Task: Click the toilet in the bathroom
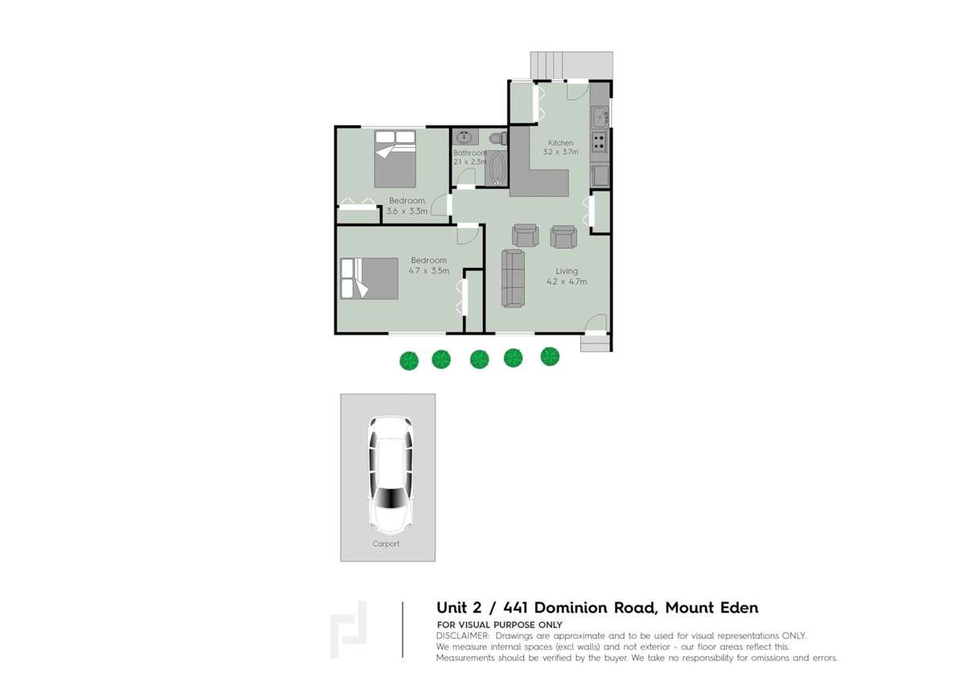tap(496, 138)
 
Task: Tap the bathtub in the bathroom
tap(497, 169)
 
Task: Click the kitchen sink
tap(599, 117)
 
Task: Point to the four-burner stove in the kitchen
tap(599, 142)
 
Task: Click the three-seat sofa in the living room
tap(513, 277)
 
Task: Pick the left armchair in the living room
tap(526, 235)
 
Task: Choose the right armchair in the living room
tap(563, 235)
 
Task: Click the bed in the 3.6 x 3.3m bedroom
tap(394, 158)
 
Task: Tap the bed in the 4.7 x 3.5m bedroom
tap(369, 278)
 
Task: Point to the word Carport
tap(386, 544)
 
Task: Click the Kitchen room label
tap(560, 143)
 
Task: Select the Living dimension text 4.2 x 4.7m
tap(566, 281)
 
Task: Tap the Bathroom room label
tap(469, 153)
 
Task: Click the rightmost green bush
tap(550, 355)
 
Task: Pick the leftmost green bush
tap(409, 359)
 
